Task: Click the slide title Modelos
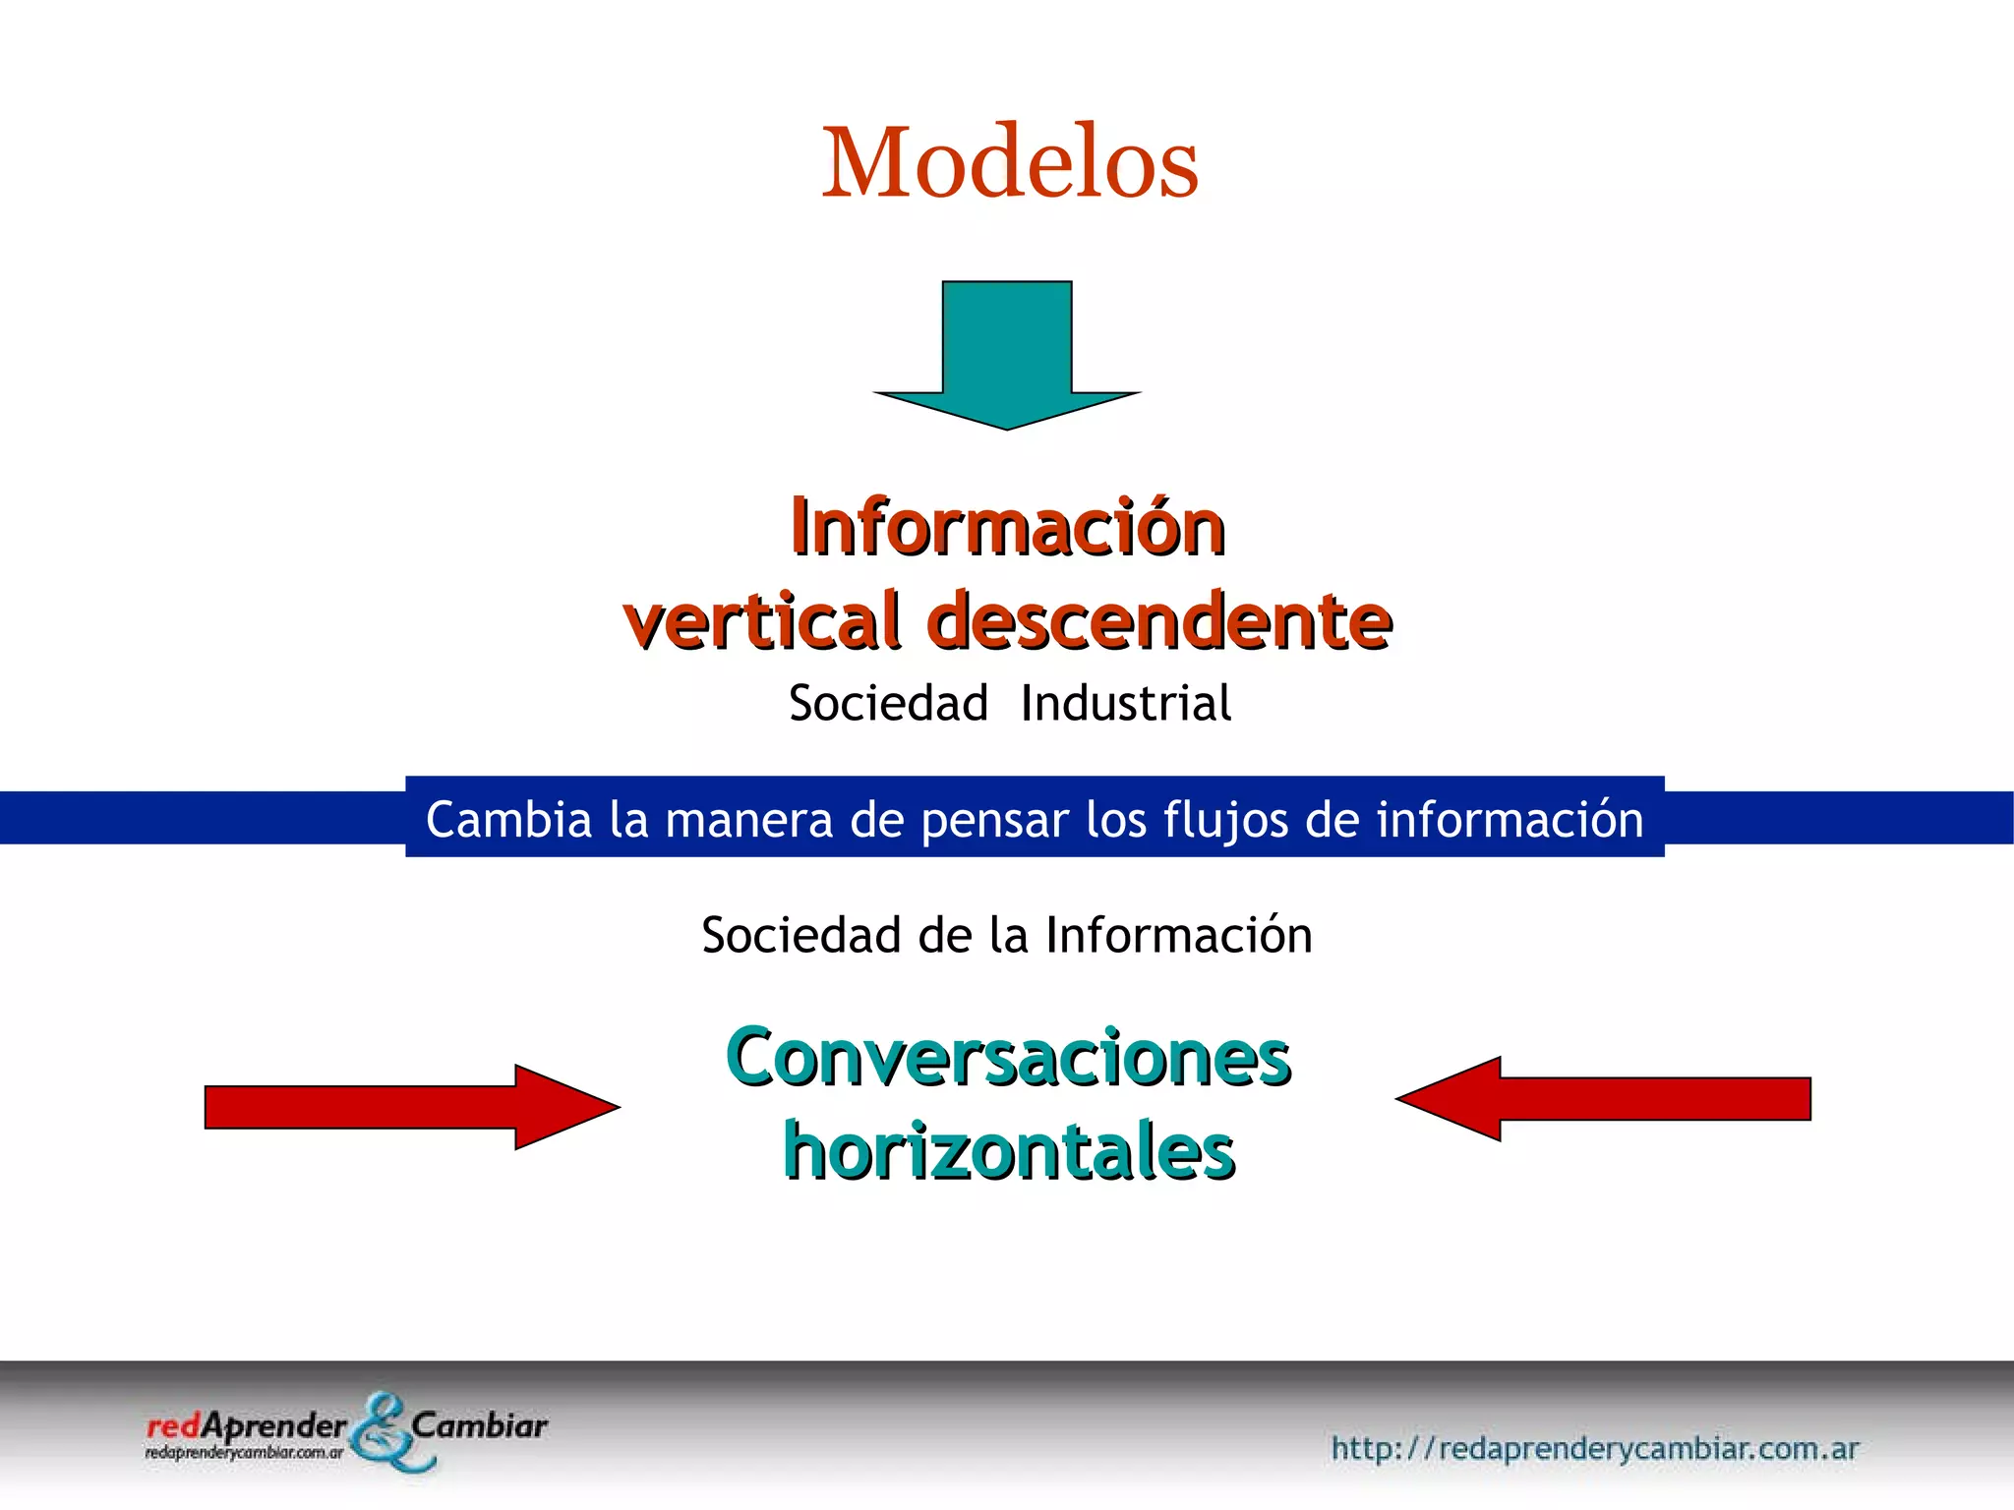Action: click(1010, 163)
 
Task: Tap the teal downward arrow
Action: click(1007, 355)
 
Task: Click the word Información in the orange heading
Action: click(1008, 528)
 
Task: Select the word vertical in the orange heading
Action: click(762, 621)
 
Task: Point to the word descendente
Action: click(1159, 621)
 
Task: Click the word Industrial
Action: click(1126, 704)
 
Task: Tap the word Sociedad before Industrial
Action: click(888, 704)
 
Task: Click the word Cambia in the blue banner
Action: click(508, 820)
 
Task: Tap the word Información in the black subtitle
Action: click(1178, 935)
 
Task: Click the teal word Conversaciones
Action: click(1008, 1058)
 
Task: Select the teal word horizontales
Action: click(1009, 1152)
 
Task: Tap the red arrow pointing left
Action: click(1603, 1099)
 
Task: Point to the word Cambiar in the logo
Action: click(479, 1425)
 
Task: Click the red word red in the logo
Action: click(173, 1425)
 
